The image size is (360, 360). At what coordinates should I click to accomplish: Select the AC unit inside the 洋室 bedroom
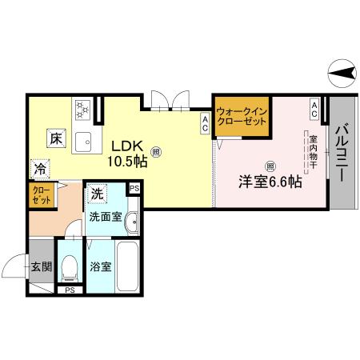[315, 110]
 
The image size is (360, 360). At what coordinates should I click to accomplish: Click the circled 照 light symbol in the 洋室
[270, 166]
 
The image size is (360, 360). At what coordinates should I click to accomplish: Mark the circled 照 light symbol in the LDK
[155, 149]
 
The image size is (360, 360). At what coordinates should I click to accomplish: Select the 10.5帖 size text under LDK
[127, 161]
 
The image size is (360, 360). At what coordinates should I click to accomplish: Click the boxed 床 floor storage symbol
[54, 137]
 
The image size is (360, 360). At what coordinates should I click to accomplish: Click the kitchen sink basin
[82, 142]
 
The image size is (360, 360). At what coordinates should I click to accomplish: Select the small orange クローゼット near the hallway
[42, 195]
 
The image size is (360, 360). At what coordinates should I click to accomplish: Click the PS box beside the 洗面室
[134, 188]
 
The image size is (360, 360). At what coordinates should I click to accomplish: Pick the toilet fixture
[70, 266]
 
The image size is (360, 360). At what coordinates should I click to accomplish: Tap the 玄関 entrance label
[41, 266]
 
